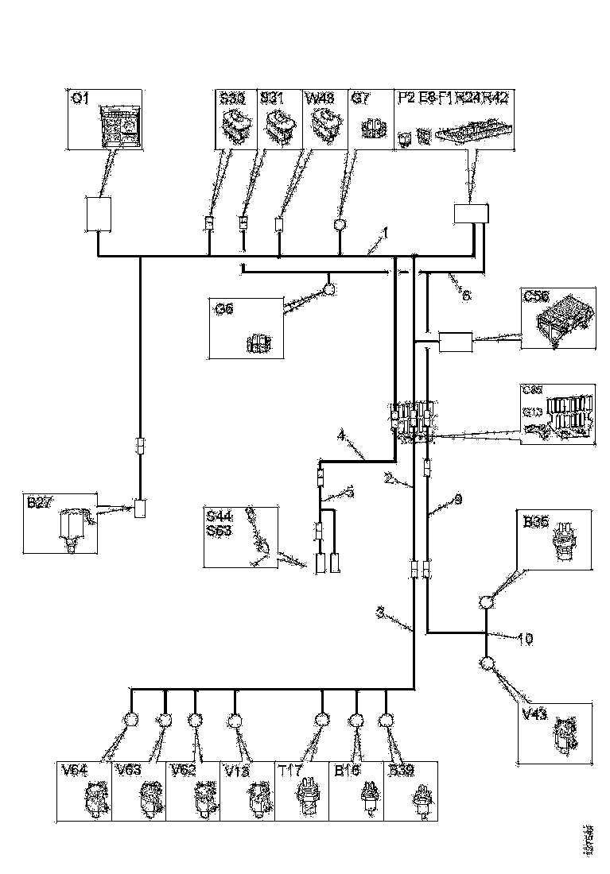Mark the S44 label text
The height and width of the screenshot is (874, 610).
tap(216, 518)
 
